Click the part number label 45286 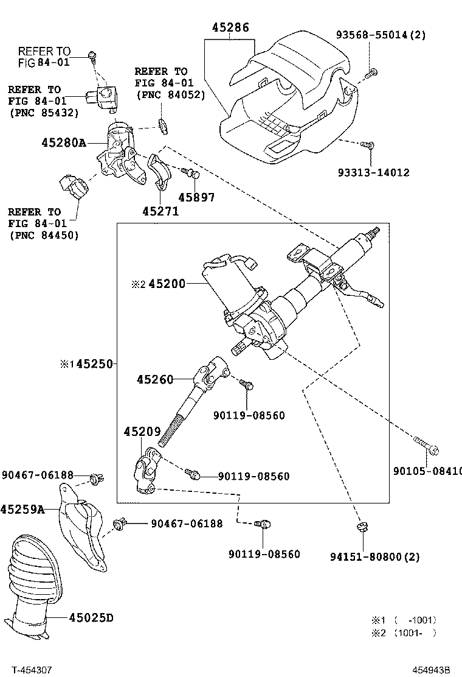click(x=230, y=27)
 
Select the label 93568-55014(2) click(x=381, y=35)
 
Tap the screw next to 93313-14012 click(x=367, y=145)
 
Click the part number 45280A click(x=63, y=142)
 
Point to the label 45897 click(x=196, y=197)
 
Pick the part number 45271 click(x=160, y=211)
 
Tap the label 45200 click(x=167, y=284)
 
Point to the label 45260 click(x=155, y=379)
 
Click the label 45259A click(x=22, y=509)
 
